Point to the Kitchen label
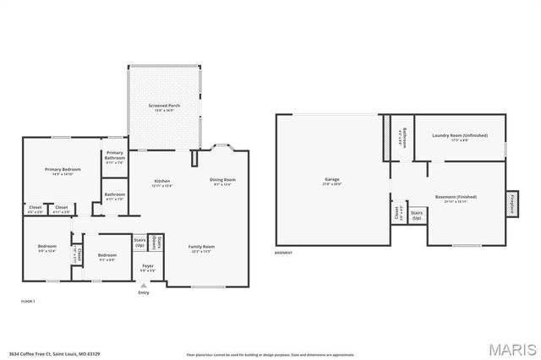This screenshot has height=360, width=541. [161, 182]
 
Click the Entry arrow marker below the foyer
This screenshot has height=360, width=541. [143, 286]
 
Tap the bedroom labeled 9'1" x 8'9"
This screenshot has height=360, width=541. [107, 257]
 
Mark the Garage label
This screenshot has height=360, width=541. [332, 181]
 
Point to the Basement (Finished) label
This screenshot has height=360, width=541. [456, 199]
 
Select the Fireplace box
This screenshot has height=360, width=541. [513, 204]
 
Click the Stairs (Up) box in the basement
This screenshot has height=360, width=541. [417, 215]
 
